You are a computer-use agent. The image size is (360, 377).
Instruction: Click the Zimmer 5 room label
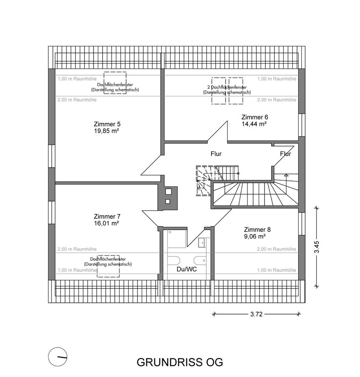point(105,124)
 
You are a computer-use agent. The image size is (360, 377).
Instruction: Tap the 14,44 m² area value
point(254,124)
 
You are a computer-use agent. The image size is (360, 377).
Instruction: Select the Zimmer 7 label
point(107,216)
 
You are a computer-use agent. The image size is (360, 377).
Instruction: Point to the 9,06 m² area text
point(255,236)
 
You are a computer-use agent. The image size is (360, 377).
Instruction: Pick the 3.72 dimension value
point(256,314)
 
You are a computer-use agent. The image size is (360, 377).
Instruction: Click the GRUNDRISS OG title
point(180,362)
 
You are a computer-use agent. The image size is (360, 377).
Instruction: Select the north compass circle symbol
point(57,357)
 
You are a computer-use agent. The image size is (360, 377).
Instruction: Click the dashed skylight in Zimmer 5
point(115,82)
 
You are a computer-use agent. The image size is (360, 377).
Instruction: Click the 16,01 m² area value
point(107,223)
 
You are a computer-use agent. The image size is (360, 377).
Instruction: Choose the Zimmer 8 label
point(257,230)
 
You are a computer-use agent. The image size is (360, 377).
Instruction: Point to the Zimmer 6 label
point(255,117)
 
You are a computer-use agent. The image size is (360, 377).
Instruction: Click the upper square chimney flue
point(168,192)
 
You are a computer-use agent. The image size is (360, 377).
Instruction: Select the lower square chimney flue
point(168,202)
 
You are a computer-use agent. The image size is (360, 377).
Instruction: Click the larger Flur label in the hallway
point(216,154)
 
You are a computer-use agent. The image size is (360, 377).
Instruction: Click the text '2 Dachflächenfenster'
point(227,87)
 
